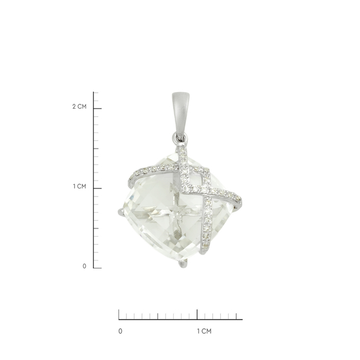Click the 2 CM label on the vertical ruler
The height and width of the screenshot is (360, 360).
pyautogui.click(x=79, y=106)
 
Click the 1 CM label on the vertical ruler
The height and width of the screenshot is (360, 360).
pyautogui.click(x=79, y=186)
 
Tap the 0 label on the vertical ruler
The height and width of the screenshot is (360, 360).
pyautogui.click(x=85, y=266)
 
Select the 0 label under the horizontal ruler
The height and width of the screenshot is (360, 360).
pyautogui.click(x=120, y=331)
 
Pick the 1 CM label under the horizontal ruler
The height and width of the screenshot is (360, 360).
pyautogui.click(x=204, y=331)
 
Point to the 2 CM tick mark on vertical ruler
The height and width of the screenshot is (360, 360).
pyautogui.click(x=97, y=109)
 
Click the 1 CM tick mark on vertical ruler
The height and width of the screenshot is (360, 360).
pyautogui.click(x=97, y=188)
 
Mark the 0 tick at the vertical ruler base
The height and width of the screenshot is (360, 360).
pyautogui.click(x=97, y=268)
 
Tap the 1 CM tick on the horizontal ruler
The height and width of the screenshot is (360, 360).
pyautogui.click(x=197, y=314)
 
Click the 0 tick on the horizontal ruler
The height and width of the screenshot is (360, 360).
pyautogui.click(x=119, y=314)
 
